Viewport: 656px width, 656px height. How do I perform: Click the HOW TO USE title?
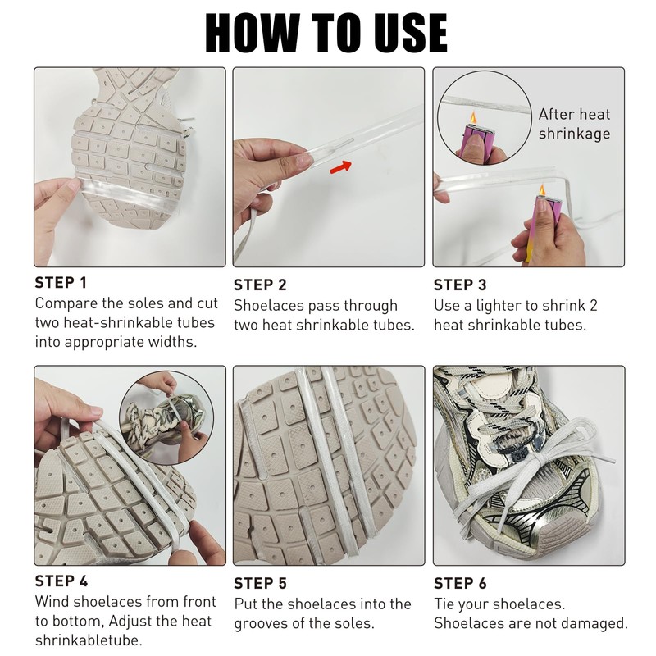pyautogui.click(x=326, y=33)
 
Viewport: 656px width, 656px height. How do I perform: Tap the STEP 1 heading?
pyautogui.click(x=61, y=283)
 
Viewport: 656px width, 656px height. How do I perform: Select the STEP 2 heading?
pyautogui.click(x=260, y=285)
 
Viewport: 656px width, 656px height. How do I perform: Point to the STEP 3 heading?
pyautogui.click(x=460, y=285)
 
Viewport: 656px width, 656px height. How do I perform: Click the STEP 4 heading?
pyautogui.click(x=61, y=581)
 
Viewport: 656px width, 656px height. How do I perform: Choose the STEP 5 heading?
pyautogui.click(x=260, y=584)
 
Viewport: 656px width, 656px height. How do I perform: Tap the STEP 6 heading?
pyautogui.click(x=460, y=584)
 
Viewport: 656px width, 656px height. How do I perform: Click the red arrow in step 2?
pyautogui.click(x=340, y=167)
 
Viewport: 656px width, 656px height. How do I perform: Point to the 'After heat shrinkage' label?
pyautogui.click(x=574, y=124)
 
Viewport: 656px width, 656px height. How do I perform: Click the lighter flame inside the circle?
pyautogui.click(x=473, y=117)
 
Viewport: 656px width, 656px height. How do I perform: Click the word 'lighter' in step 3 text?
pyautogui.click(x=501, y=306)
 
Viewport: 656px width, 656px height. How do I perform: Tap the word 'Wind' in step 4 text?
pyautogui.click(x=52, y=602)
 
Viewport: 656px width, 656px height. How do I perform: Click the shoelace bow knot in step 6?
pyautogui.click(x=535, y=463)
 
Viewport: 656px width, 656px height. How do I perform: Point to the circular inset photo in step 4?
pyautogui.click(x=166, y=418)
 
